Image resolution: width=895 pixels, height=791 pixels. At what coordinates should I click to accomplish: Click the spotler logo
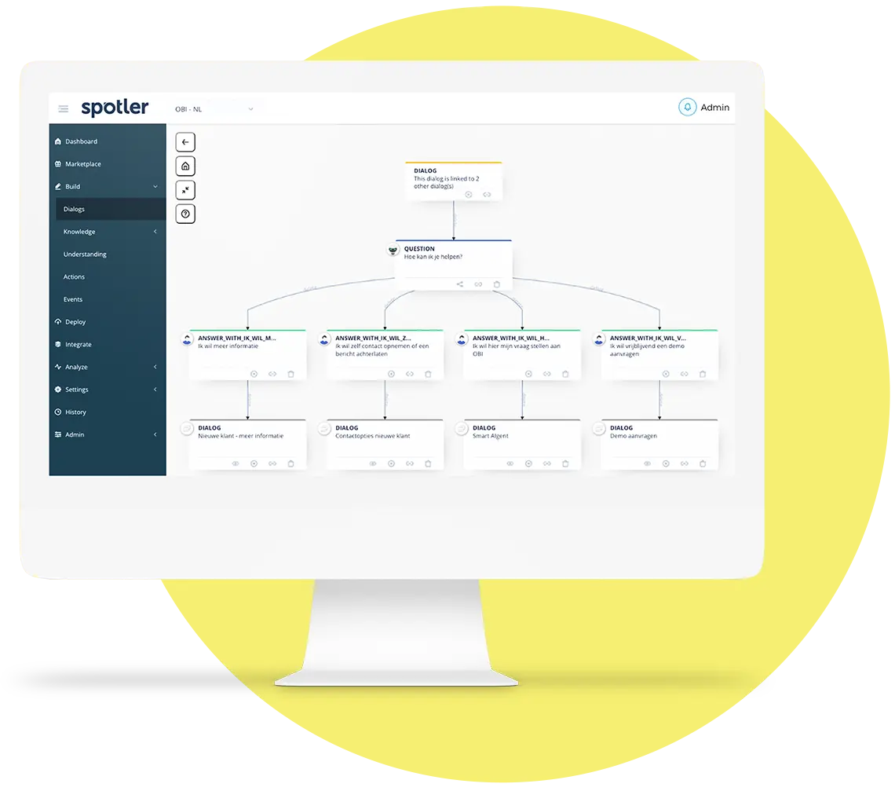115,108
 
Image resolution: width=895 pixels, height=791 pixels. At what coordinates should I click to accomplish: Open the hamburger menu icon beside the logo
64,108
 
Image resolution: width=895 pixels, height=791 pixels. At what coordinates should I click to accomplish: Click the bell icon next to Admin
688,108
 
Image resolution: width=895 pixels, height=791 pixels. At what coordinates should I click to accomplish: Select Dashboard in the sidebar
81,141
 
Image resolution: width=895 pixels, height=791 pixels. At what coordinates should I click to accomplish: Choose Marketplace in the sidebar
82,164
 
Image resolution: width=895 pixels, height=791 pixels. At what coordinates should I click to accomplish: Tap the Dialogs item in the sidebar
74,209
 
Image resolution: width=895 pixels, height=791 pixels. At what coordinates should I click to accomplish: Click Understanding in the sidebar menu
85,255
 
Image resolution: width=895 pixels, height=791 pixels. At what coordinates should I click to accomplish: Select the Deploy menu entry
75,322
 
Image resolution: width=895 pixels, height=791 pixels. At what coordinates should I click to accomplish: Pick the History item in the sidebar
75,412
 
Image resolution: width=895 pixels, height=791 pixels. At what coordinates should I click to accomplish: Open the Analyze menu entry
76,367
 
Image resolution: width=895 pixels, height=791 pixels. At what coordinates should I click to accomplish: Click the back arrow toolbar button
185,142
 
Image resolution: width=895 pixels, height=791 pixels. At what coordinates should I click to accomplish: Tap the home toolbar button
185,166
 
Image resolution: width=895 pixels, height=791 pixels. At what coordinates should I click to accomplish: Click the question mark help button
185,214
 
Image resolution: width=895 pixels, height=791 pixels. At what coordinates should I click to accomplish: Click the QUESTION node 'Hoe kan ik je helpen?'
453,259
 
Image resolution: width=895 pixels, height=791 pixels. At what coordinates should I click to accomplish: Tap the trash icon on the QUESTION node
496,284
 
